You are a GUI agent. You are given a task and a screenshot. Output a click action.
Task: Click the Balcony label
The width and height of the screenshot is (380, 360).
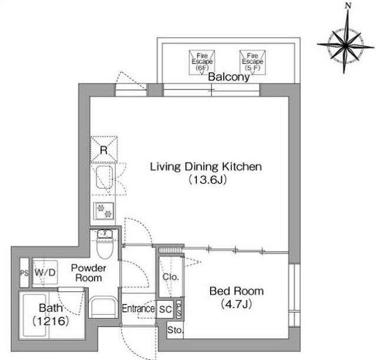coord(229,77)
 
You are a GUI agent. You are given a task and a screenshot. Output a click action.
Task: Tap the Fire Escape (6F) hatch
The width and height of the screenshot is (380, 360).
coord(202,62)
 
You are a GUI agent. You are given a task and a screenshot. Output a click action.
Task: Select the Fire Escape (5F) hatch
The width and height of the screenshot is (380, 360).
coord(252,62)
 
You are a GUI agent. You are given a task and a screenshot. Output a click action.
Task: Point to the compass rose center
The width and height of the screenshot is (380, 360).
coord(345,45)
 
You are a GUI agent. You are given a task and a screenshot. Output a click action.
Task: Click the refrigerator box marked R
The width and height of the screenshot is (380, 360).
coord(104,149)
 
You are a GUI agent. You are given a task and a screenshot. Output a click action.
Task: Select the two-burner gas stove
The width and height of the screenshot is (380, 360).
coord(104,211)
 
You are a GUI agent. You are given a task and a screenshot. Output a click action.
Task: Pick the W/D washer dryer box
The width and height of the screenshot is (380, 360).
coord(45,272)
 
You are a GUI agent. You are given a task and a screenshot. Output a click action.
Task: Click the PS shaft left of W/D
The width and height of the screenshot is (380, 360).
coord(24,273)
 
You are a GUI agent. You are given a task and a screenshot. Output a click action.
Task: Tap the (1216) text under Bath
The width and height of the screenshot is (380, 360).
coord(51,321)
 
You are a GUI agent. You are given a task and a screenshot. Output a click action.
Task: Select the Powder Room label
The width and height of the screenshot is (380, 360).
coord(88,273)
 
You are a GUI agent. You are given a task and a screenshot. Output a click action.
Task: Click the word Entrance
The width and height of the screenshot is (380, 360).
coord(138,309)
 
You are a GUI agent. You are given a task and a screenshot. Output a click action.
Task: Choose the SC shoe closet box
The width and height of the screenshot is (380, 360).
coord(165,309)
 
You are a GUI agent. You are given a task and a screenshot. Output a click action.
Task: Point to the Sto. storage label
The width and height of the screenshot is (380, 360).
coord(175,330)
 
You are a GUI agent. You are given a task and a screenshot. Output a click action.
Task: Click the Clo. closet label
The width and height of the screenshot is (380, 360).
coord(171,277)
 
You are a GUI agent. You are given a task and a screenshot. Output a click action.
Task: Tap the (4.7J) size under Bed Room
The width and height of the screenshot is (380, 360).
coord(236,304)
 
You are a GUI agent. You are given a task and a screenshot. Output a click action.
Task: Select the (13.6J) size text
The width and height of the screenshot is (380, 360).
coord(208,179)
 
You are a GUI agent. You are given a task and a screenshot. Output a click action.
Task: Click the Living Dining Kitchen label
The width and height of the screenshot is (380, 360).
coord(206,167)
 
